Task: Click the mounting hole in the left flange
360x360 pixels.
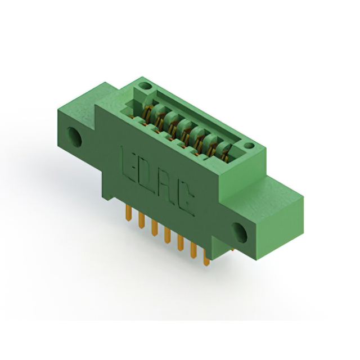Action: coord(74,136)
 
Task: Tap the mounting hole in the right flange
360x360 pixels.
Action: coord(239,232)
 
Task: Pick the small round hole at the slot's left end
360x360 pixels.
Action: coord(145,86)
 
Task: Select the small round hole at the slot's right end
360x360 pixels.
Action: coord(249,146)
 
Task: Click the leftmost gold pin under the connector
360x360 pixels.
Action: coord(128,213)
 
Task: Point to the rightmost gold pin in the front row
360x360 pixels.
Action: coord(206,258)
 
